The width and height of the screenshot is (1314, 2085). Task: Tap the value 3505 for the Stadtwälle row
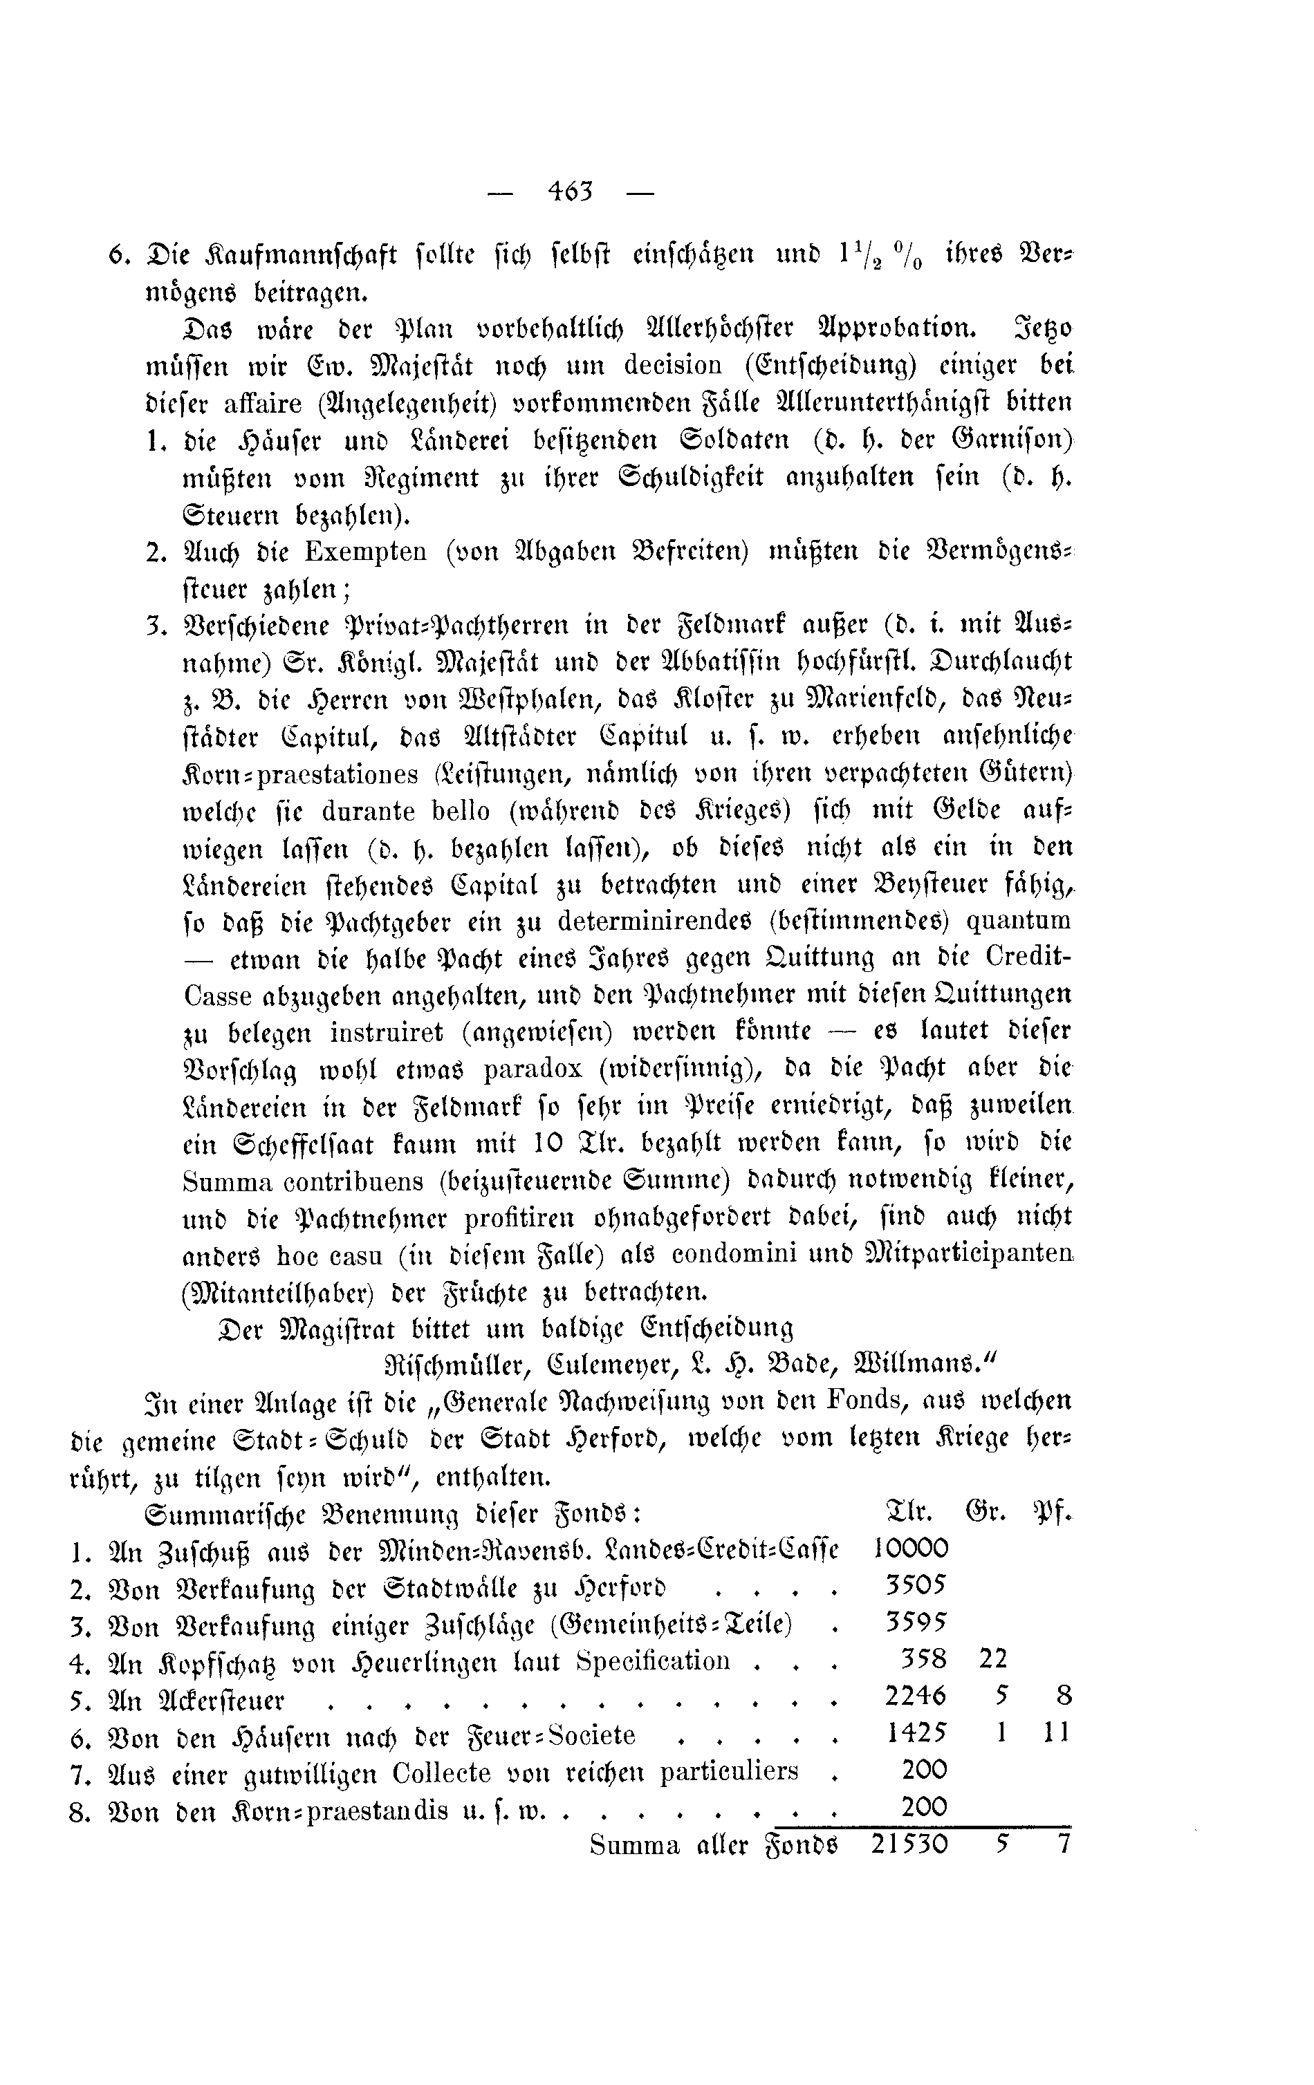[916, 1587]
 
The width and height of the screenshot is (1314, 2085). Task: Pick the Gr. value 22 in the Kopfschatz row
[994, 1659]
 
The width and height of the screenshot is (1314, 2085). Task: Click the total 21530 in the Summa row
[909, 1845]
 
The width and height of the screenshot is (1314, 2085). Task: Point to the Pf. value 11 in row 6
[1056, 1733]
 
